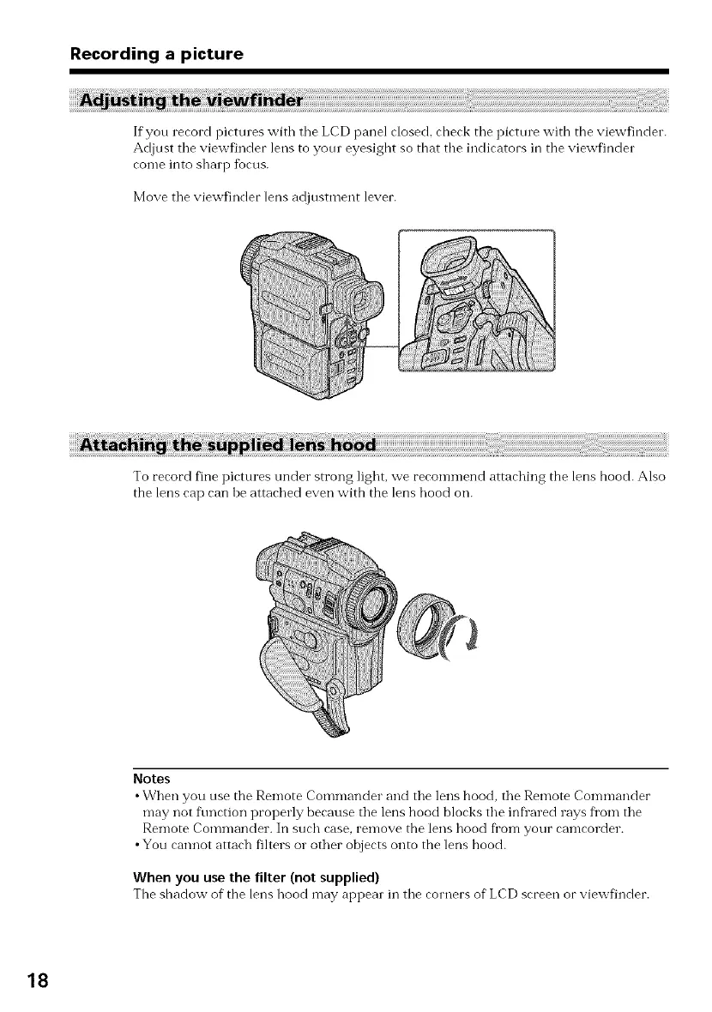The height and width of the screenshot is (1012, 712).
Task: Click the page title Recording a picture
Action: click(157, 54)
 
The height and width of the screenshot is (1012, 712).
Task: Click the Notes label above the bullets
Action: click(152, 779)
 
